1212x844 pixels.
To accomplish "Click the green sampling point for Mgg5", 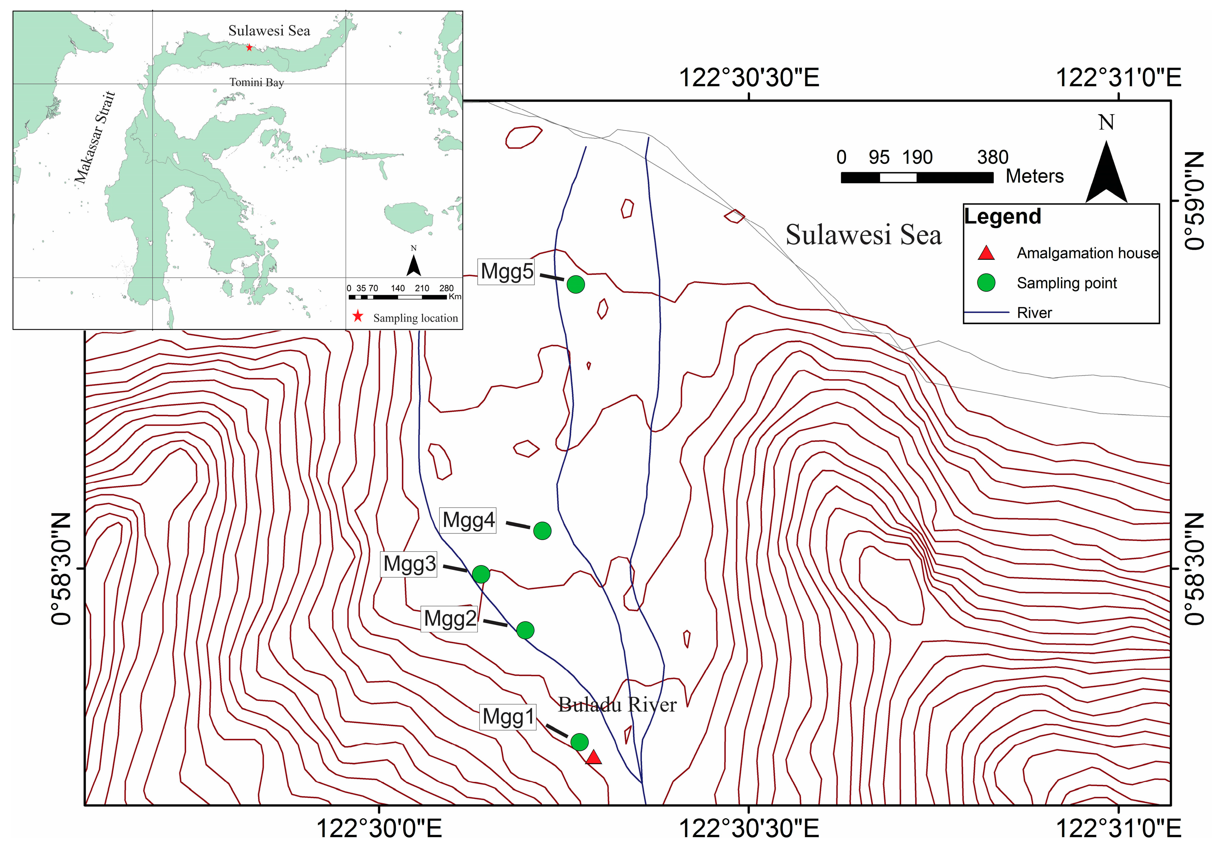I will pyautogui.click(x=575, y=284).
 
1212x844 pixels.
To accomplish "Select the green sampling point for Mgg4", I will pyautogui.click(x=542, y=530).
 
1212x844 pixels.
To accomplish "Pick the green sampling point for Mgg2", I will pyautogui.click(x=525, y=630).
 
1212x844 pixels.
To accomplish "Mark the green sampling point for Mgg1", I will pyautogui.click(x=579, y=742).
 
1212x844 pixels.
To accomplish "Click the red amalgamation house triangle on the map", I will pyautogui.click(x=594, y=758).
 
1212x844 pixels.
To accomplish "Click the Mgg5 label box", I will pyautogui.click(x=506, y=271).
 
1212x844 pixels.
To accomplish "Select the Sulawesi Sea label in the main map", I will pyautogui.click(x=863, y=235).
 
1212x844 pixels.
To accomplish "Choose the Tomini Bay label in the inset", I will pyautogui.click(x=257, y=82).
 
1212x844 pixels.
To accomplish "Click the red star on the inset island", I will pyautogui.click(x=249, y=48).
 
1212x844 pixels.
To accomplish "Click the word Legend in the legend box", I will pyautogui.click(x=1002, y=216).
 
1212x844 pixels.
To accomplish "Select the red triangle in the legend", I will pyautogui.click(x=986, y=253).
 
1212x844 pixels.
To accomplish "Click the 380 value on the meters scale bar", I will pyautogui.click(x=992, y=157).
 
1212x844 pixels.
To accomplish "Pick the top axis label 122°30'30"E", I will pyautogui.click(x=749, y=78).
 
